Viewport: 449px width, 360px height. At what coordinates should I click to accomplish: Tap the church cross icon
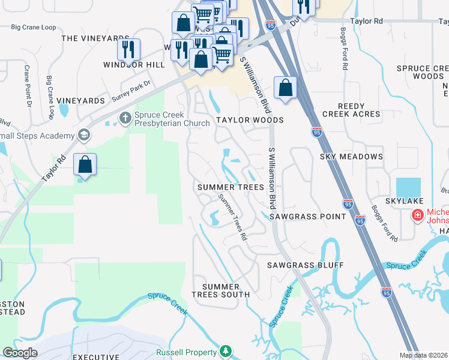[x=125, y=116]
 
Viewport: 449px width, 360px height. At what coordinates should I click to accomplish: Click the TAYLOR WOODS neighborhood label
[x=250, y=120]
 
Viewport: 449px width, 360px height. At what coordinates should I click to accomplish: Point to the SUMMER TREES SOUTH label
[x=220, y=290]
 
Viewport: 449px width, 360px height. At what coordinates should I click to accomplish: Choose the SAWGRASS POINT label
[x=300, y=216]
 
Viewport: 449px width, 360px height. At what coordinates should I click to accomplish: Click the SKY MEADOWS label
[x=351, y=157]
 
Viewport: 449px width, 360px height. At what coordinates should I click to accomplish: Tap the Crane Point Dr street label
[x=28, y=87]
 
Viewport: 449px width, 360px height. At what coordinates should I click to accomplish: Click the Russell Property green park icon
[x=226, y=351]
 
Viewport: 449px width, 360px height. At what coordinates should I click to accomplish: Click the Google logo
[x=20, y=353]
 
